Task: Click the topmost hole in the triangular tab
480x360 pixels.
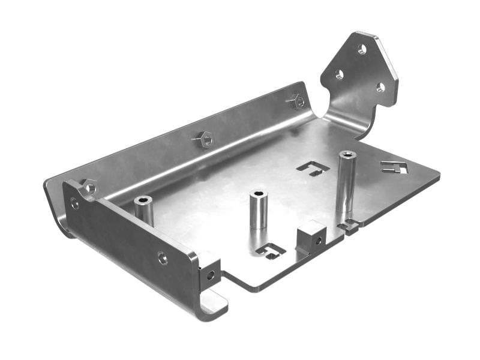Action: click(x=362, y=50)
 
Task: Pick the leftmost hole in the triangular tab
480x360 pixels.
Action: click(x=339, y=74)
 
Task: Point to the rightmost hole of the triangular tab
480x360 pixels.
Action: click(x=380, y=88)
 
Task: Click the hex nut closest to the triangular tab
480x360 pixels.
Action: click(x=295, y=101)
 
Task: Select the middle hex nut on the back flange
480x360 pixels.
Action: click(x=204, y=140)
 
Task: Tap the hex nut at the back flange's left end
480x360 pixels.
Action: click(x=89, y=187)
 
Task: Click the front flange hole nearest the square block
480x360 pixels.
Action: click(x=163, y=258)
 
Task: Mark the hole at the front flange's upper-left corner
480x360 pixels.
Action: click(x=74, y=204)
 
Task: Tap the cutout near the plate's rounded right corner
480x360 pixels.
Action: click(x=394, y=167)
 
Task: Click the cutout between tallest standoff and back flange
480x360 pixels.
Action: click(x=313, y=169)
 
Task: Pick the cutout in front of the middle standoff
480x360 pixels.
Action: click(x=271, y=251)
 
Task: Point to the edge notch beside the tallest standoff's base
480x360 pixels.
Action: click(x=348, y=226)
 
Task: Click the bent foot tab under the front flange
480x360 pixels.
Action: click(x=213, y=303)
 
